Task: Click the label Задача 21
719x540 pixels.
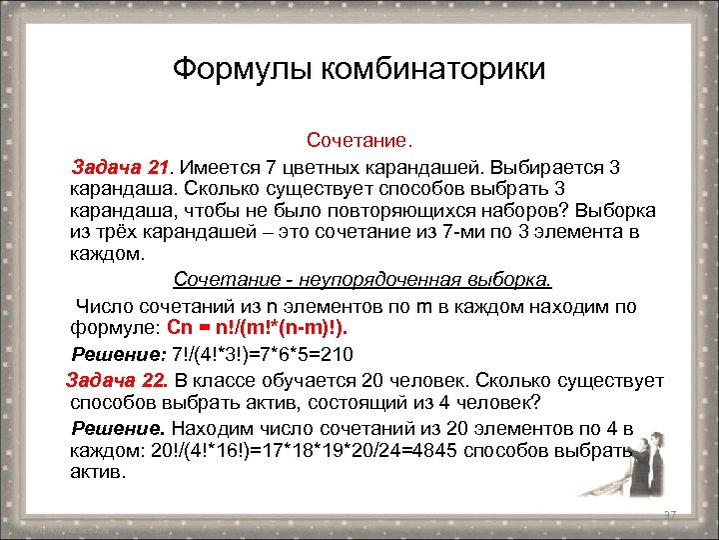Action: click(x=120, y=166)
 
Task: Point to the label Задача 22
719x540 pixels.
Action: click(x=116, y=380)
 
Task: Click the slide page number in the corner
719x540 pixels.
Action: click(x=670, y=514)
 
